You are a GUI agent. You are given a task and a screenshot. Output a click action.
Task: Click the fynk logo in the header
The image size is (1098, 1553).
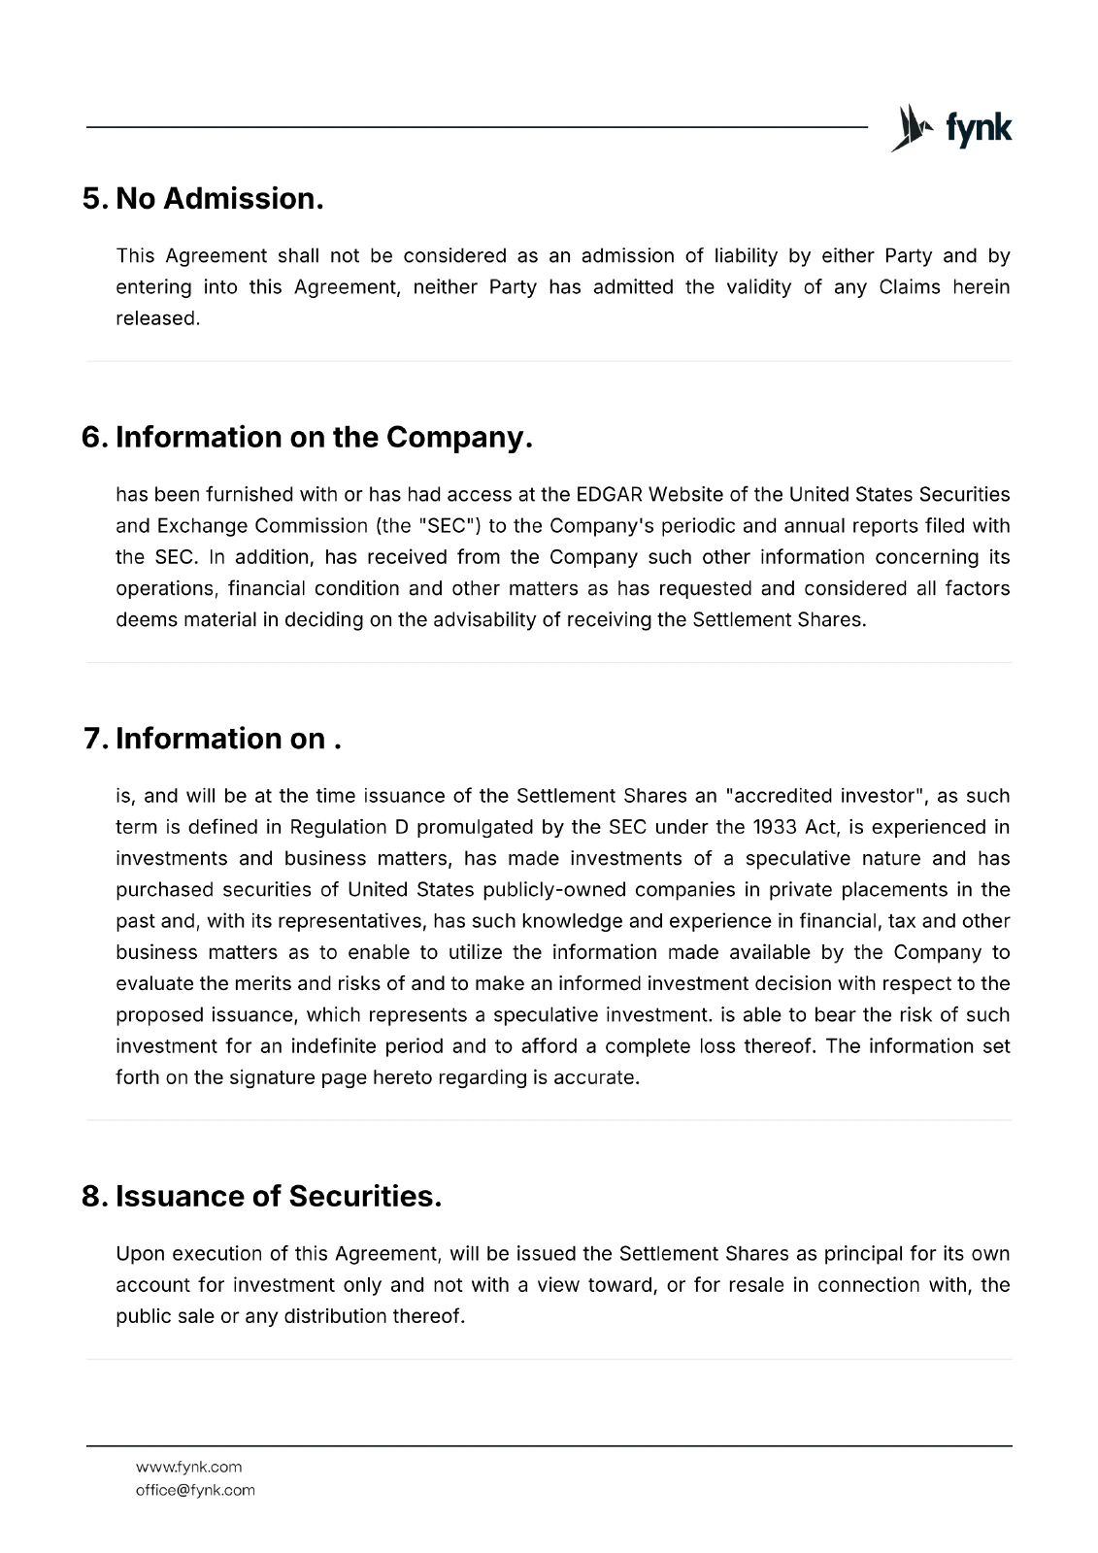tap(950, 128)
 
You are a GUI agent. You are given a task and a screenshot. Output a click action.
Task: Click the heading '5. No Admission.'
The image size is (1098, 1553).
tap(203, 199)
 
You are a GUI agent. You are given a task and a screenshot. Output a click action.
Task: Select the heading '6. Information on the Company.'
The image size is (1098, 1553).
tap(308, 438)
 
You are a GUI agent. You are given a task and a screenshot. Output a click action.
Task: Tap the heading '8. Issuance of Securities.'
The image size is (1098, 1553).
tap(262, 1197)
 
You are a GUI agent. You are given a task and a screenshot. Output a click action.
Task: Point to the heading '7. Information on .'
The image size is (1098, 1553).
tap(213, 740)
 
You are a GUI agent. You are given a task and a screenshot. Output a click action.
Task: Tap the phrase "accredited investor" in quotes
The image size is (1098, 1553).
tap(824, 796)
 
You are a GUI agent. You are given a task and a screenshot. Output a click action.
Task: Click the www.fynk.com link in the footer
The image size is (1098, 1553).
tap(188, 1467)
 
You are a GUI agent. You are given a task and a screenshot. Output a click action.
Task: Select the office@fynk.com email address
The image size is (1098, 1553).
tap(195, 1490)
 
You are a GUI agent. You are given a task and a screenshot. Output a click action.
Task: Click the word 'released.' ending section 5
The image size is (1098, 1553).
tap(157, 318)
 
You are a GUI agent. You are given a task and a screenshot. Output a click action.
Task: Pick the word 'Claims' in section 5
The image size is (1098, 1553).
tap(910, 287)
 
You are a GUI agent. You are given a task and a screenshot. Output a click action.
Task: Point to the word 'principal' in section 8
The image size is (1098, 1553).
tap(862, 1253)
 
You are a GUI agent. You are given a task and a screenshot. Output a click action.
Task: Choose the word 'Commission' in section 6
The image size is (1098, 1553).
tap(312, 526)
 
